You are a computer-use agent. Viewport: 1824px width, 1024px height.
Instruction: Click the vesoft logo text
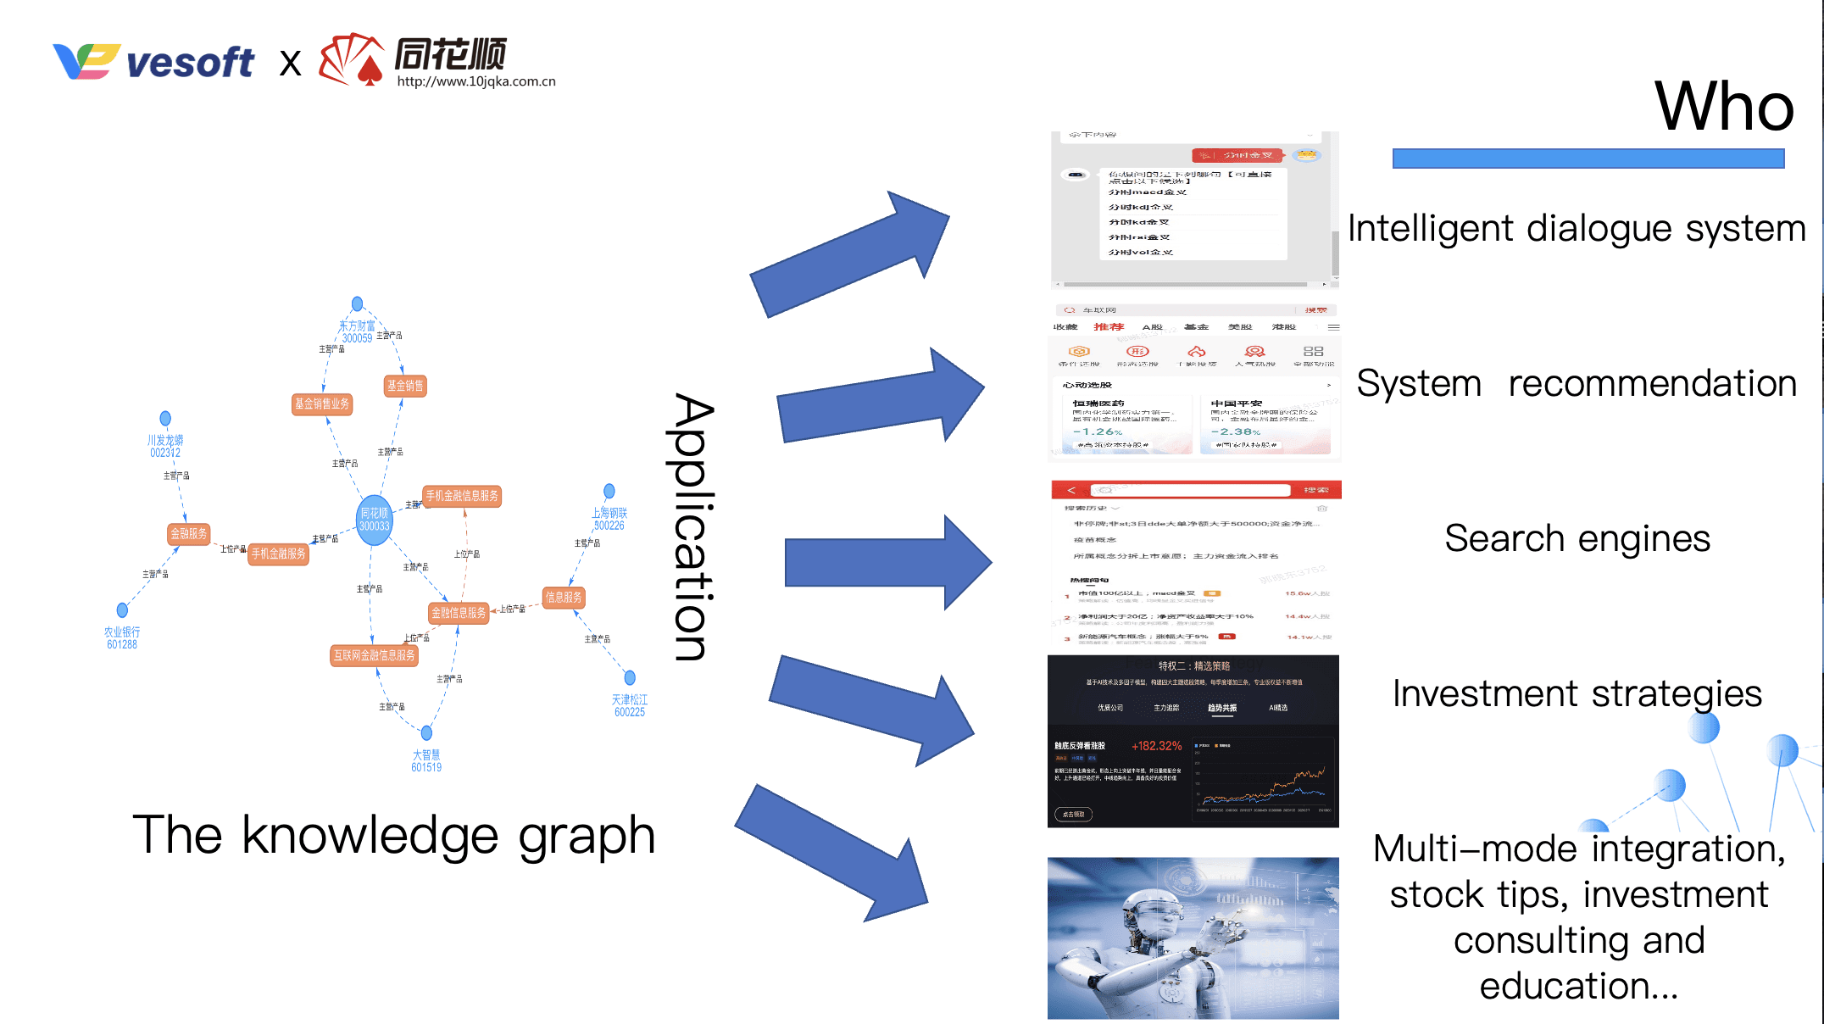click(x=190, y=63)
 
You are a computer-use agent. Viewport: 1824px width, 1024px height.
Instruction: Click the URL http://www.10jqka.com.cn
click(x=476, y=81)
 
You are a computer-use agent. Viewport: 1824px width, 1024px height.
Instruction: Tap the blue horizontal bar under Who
click(x=1588, y=159)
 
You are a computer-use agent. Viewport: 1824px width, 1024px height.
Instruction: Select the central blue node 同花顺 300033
click(x=374, y=519)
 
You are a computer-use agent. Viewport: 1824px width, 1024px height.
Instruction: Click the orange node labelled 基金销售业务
click(x=321, y=404)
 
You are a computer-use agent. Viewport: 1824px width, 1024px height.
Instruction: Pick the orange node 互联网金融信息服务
click(x=374, y=655)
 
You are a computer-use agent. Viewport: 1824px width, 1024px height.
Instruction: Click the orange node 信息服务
click(x=564, y=598)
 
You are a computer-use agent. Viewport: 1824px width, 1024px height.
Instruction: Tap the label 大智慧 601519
click(x=426, y=760)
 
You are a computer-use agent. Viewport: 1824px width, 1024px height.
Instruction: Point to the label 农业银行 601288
click(x=122, y=637)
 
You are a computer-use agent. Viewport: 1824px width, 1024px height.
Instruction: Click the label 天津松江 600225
click(x=629, y=705)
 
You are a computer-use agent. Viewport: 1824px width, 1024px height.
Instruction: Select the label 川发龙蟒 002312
click(x=165, y=446)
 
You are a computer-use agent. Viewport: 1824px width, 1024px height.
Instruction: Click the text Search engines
click(x=1577, y=539)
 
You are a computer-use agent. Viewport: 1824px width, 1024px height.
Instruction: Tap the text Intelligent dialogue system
click(x=1577, y=229)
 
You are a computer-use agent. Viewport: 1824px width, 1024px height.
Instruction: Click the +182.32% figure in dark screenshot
click(x=1156, y=746)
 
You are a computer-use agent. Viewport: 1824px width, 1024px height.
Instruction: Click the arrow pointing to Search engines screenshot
click(x=886, y=563)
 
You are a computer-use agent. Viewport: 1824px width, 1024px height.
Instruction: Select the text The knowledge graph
click(x=394, y=836)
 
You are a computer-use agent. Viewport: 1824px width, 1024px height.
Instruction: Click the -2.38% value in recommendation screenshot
click(x=1236, y=432)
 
